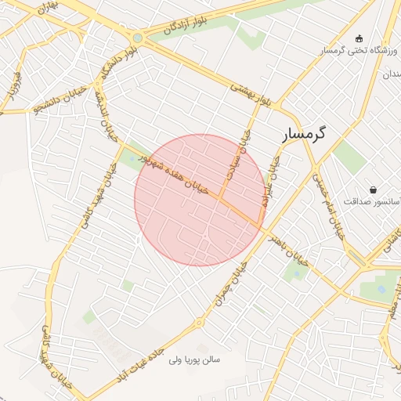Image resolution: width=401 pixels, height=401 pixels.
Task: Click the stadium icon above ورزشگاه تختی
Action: pyautogui.click(x=359, y=37)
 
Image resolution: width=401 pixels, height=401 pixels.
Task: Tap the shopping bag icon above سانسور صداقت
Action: pyautogui.click(x=372, y=189)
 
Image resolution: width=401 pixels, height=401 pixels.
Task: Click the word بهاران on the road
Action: pyautogui.click(x=49, y=9)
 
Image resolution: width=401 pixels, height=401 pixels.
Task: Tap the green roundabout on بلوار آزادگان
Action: pyautogui.click(x=138, y=38)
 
